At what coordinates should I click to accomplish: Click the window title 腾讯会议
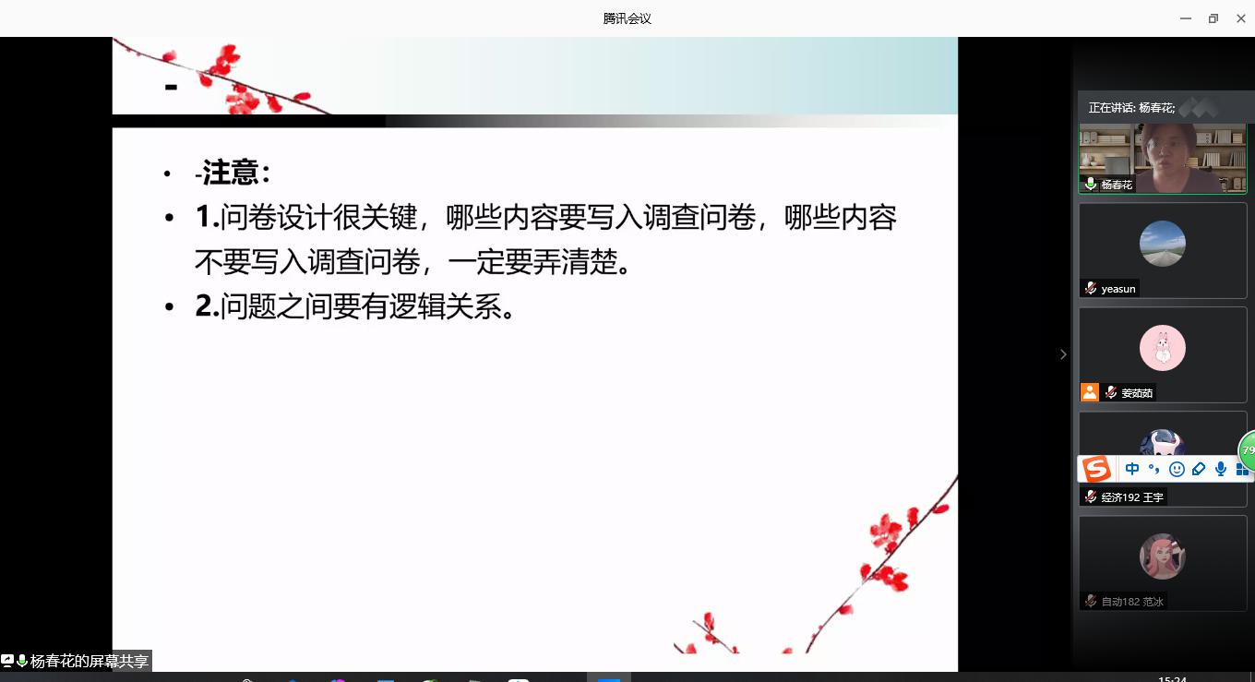tap(627, 18)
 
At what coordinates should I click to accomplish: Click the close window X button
tap(1240, 18)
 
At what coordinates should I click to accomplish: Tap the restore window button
tap(1213, 18)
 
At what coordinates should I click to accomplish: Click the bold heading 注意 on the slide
tap(230, 172)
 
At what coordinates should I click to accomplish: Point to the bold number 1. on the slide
tap(207, 216)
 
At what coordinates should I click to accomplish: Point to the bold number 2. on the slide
tap(207, 306)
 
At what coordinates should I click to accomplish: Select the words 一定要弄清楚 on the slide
tap(532, 262)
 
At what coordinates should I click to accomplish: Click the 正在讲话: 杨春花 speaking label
tap(1131, 108)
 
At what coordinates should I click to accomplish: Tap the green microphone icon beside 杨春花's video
tap(1091, 184)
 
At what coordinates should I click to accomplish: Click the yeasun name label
tap(1118, 289)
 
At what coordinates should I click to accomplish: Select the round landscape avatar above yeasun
tap(1163, 244)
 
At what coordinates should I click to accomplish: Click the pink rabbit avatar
tap(1163, 348)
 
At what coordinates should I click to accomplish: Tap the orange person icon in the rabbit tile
tap(1090, 392)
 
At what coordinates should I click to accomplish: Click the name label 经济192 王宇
tap(1131, 497)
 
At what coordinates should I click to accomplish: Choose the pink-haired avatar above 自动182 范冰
tap(1163, 556)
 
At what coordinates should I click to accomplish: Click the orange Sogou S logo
tap(1096, 469)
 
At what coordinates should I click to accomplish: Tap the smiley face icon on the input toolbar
tap(1177, 469)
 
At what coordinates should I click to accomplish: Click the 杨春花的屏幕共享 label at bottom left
tap(90, 662)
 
